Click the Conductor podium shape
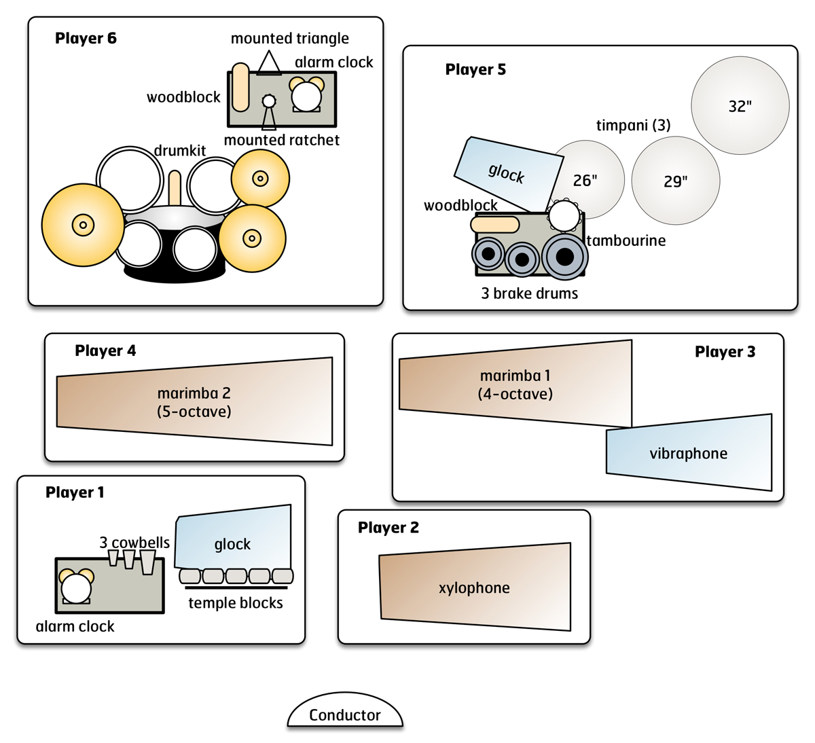[x=345, y=710]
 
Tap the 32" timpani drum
[x=740, y=105]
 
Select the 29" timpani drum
[x=676, y=181]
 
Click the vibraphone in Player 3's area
[x=689, y=452]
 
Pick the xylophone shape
[x=475, y=587]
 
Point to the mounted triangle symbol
[x=269, y=63]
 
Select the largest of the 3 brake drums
[x=564, y=257]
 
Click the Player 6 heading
[x=86, y=38]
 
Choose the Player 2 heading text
[x=388, y=528]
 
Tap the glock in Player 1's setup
[x=233, y=537]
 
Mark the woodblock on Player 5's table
[x=495, y=224]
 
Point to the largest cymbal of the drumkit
[x=83, y=225]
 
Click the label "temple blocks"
[x=236, y=603]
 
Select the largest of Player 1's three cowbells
[x=148, y=562]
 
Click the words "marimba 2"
[x=194, y=393]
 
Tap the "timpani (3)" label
[x=634, y=125]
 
